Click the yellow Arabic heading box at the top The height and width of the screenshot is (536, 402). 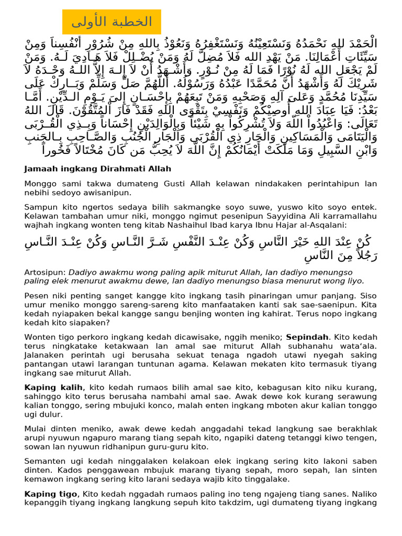(x=111, y=22)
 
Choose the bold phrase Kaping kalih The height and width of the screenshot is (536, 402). (x=53, y=387)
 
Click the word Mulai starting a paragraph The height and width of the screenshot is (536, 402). (x=35, y=429)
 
